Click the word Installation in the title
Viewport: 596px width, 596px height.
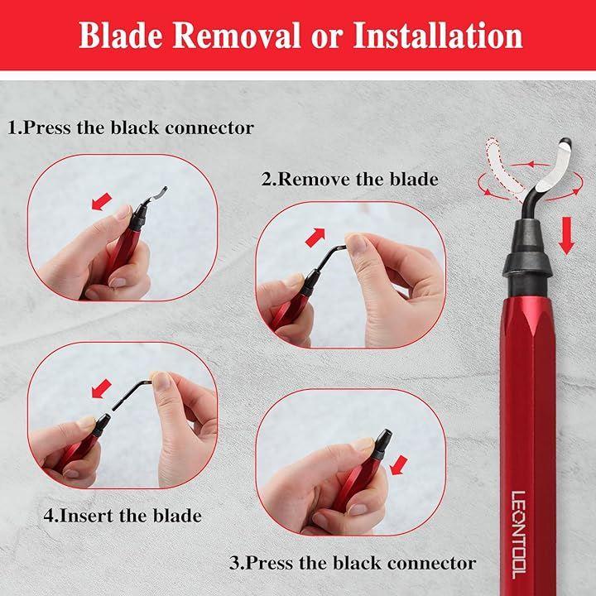coord(438,36)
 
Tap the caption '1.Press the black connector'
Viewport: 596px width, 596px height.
coord(131,127)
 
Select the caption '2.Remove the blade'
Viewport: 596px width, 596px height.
coord(349,179)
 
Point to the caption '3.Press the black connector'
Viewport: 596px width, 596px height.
coord(353,563)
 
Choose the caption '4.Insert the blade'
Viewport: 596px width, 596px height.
coord(123,516)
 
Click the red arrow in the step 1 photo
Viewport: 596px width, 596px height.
coord(102,201)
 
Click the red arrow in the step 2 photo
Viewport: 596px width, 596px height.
coord(315,238)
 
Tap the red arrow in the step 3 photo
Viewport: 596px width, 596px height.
coord(399,465)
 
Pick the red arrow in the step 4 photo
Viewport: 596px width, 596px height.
coord(102,388)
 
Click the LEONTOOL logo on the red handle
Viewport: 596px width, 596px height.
coord(518,535)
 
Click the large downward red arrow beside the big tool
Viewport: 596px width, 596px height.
coord(566,236)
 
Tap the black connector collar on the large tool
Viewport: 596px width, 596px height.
coord(526,257)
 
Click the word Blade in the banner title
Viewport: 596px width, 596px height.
coord(121,36)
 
